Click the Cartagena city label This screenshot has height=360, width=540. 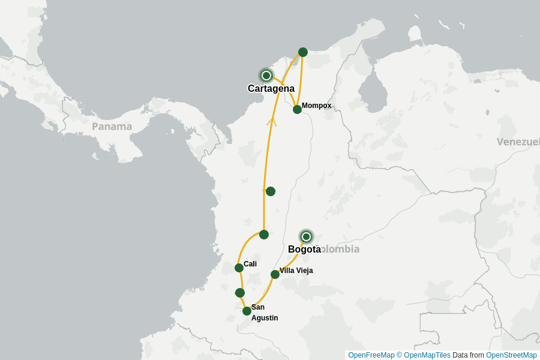click(x=271, y=89)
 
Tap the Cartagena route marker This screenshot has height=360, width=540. click(x=266, y=76)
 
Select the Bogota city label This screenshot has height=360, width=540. click(x=304, y=250)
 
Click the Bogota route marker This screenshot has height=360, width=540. click(x=306, y=236)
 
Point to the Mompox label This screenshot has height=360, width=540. click(x=316, y=106)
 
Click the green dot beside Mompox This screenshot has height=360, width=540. click(x=297, y=109)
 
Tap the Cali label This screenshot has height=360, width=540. click(x=250, y=264)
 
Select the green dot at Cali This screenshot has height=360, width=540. click(x=239, y=268)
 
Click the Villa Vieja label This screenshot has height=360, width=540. click(x=296, y=271)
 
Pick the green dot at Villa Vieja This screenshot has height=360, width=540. click(x=275, y=274)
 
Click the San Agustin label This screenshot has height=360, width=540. click(x=264, y=313)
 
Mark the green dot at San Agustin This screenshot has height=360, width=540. click(x=247, y=311)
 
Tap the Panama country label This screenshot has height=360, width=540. click(x=112, y=127)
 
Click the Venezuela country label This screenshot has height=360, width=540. click(x=518, y=142)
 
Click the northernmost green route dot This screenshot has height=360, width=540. click(x=303, y=52)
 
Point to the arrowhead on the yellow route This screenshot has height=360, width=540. click(x=271, y=122)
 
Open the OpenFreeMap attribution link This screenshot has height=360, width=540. click(x=371, y=355)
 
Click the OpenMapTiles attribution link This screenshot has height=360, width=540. click(x=427, y=355)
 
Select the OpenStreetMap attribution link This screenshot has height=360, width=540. click(x=511, y=355)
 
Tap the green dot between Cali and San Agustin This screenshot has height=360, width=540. click(x=240, y=293)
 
